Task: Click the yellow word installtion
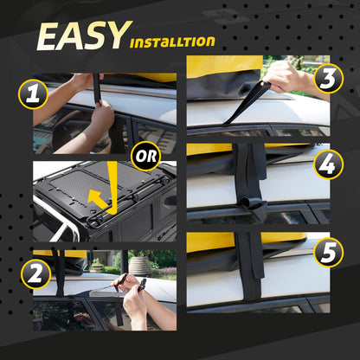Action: (173, 42)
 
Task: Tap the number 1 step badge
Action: (34, 93)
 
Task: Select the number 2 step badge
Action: (34, 273)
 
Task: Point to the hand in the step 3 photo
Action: (290, 78)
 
